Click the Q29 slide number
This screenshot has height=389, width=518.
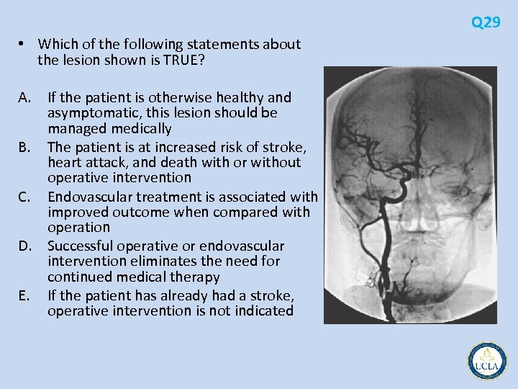tap(486, 22)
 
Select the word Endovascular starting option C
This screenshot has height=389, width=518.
tap(91, 196)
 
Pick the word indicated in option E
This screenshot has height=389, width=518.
tap(263, 310)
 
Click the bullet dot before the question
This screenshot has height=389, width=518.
tap(24, 45)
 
